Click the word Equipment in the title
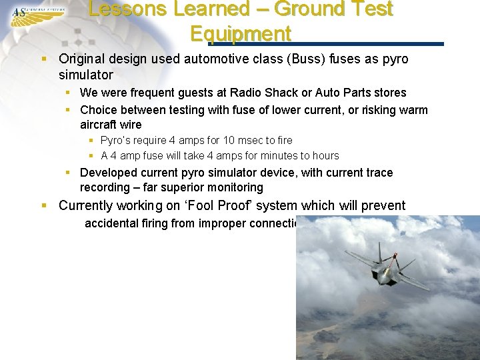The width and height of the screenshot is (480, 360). coord(240,33)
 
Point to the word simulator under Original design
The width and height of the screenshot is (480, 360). coord(86,75)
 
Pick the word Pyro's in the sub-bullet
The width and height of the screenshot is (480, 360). coord(116,140)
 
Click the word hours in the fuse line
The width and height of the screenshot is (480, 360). coord(325,155)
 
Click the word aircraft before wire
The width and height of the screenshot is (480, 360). coord(99,125)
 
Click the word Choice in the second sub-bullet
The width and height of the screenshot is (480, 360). coord(97,109)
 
